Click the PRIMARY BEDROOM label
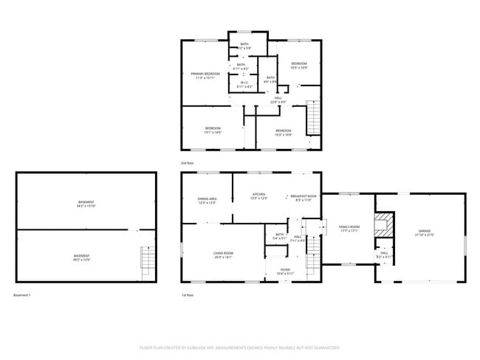[x=206, y=74]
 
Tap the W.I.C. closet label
[x=244, y=83]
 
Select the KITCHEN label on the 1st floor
[x=258, y=195]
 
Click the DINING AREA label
[x=207, y=199]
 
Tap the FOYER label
[x=284, y=270]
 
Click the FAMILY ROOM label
[x=349, y=226]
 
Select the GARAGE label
[x=425, y=232]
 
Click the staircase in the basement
[x=148, y=260]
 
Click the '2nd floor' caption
[x=188, y=162]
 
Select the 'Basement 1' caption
[x=23, y=295]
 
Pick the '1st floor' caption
[x=188, y=295]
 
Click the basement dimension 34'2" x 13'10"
[x=86, y=206]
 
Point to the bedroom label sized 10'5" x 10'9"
[x=298, y=66]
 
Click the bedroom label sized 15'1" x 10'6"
[x=213, y=130]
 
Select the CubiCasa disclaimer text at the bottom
[x=240, y=347]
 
